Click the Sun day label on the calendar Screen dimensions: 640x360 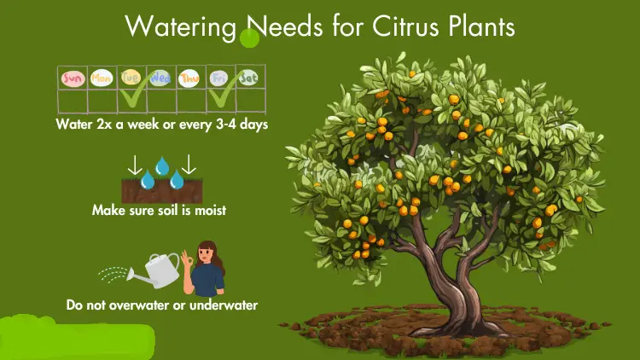point(73,78)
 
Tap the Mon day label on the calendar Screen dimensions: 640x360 point(102,78)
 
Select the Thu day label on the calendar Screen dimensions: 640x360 point(189,78)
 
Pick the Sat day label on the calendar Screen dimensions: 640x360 point(248,77)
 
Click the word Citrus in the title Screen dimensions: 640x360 point(405,26)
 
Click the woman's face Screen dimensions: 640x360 point(206,255)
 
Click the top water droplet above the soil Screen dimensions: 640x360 point(162,165)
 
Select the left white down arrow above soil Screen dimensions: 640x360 point(135,165)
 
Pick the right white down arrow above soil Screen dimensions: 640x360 point(189,164)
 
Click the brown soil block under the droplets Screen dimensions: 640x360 point(161,191)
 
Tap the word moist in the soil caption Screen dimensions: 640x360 point(210,210)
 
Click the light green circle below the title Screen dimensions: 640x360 point(249,38)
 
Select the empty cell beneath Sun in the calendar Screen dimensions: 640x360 point(73,102)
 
